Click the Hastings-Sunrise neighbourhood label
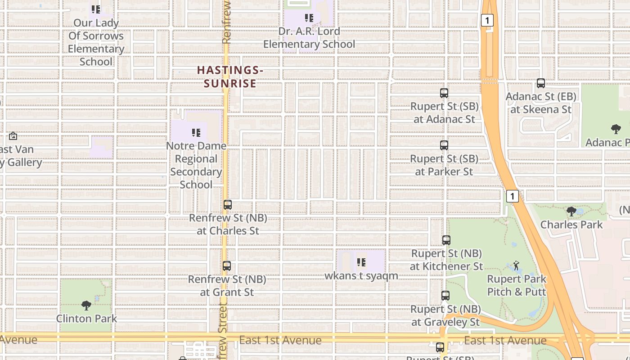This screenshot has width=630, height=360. click(230, 76)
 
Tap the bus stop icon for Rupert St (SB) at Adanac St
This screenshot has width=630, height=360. click(444, 93)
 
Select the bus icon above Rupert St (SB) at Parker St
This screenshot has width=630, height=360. click(444, 145)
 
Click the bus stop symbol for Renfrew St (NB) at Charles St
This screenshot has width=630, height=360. click(228, 205)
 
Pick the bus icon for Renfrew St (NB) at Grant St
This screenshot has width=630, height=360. click(227, 266)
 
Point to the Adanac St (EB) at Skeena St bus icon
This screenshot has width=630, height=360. click(541, 83)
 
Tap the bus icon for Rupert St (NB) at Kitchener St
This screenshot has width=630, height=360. click(446, 240)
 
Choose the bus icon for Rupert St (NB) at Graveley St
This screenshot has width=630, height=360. click(445, 296)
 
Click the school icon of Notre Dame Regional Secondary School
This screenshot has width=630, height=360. click(196, 133)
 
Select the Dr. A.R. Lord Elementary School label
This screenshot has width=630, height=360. click(309, 38)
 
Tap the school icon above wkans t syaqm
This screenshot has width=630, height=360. click(361, 262)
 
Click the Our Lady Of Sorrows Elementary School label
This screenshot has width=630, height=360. click(96, 42)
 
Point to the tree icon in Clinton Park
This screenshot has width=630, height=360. click(86, 306)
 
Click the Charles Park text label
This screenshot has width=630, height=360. click(571, 225)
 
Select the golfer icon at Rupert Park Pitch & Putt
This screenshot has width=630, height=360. click(517, 265)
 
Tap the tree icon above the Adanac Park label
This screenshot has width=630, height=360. click(616, 130)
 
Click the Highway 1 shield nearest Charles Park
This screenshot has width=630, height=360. click(513, 196)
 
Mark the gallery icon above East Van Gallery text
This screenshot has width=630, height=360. click(13, 136)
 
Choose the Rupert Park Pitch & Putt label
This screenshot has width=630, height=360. click(517, 285)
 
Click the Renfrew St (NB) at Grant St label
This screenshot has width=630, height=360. click(227, 286)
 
